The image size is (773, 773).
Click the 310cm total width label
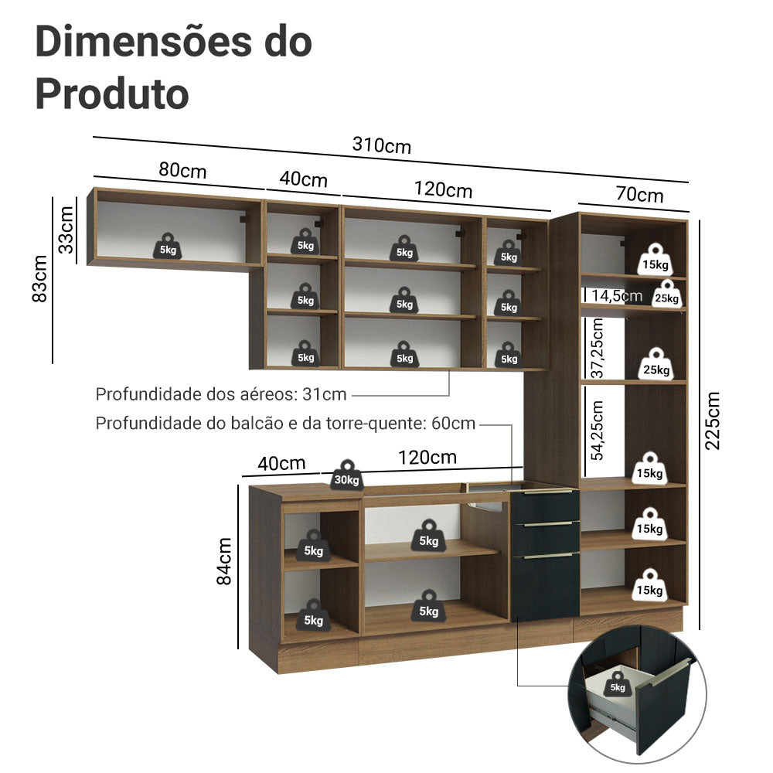(382, 145)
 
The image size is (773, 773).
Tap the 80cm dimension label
(182, 170)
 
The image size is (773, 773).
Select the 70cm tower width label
(639, 194)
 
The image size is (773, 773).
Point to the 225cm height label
(712, 420)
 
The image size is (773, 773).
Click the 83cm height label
(40, 278)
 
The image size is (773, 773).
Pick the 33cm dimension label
(66, 230)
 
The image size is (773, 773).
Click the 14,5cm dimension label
(616, 296)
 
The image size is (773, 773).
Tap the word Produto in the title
(112, 93)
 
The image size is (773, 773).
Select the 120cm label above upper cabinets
(443, 189)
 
